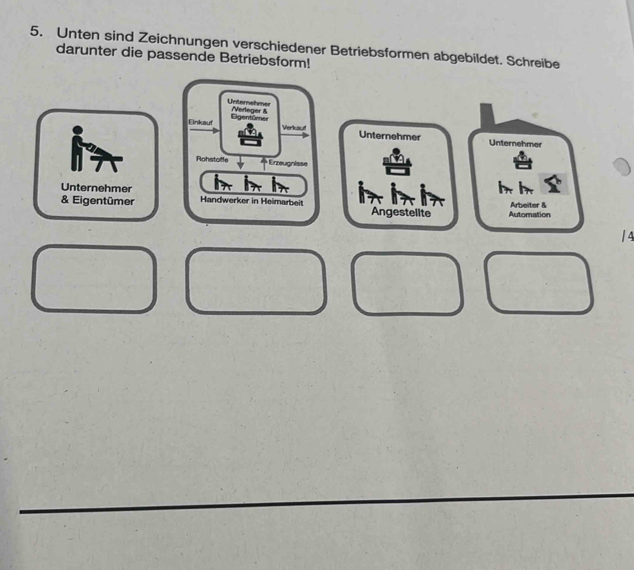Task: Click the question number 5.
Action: click(37, 31)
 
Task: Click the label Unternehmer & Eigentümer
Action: click(97, 195)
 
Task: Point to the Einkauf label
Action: click(200, 122)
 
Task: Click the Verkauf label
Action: click(294, 128)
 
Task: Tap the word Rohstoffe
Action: click(212, 159)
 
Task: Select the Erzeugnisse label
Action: click(288, 163)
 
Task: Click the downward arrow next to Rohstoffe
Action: click(240, 163)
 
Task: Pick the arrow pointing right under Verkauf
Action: click(295, 135)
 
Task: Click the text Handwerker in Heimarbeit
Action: click(251, 201)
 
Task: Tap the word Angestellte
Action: click(401, 212)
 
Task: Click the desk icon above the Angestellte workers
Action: click(397, 161)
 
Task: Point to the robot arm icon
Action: click(553, 183)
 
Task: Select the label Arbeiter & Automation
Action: click(529, 210)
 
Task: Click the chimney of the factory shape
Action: click(487, 116)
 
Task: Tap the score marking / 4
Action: click(628, 236)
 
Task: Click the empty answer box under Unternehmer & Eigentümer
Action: click(94, 280)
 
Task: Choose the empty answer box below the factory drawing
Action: click(540, 283)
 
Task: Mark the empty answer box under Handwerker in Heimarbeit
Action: click(256, 282)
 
